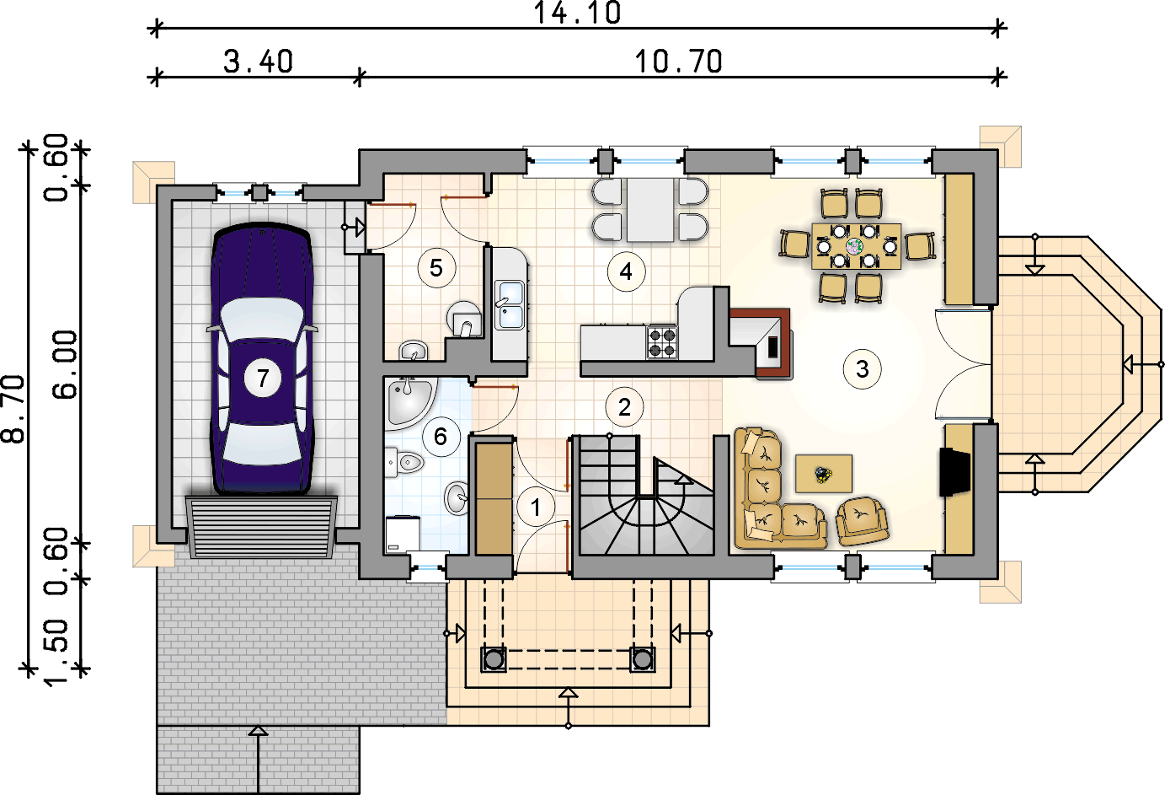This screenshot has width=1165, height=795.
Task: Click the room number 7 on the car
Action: pos(263,378)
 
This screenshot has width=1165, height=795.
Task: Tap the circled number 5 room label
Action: pos(436,268)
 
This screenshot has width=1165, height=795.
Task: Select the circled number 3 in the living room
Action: pos(863,369)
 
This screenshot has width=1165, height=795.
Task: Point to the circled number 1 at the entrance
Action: pos(536,507)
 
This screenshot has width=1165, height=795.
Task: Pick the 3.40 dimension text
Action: pos(259,62)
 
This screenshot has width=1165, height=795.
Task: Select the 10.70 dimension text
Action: pos(679,62)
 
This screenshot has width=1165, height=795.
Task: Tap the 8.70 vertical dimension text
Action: pos(13,409)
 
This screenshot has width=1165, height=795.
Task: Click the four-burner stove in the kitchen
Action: pos(662,342)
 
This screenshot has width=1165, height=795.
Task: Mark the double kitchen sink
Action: pos(509,305)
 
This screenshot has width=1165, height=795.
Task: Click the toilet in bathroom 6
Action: pos(404,462)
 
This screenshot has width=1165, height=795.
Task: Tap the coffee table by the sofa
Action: pos(824,473)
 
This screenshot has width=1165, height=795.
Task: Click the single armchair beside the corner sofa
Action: pos(862,521)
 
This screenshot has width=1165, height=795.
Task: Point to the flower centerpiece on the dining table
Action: pos(854,246)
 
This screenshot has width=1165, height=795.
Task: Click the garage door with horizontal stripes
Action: pos(262,527)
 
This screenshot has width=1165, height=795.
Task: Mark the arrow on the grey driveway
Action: pos(258,760)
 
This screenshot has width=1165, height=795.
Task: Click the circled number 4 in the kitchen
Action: pos(626,271)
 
